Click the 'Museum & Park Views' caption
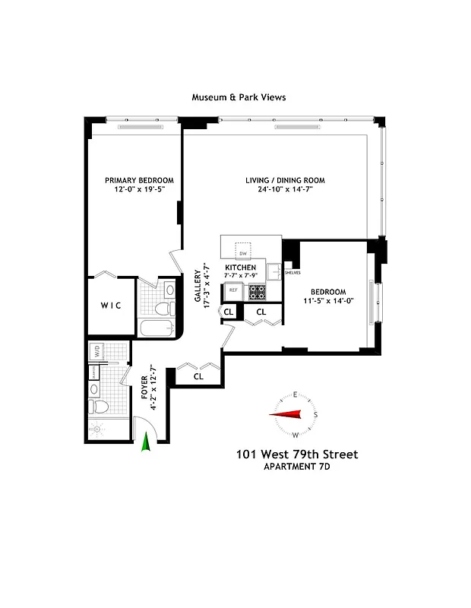[238, 97]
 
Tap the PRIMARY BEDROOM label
[134, 180]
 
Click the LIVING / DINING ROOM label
[285, 180]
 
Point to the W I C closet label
[111, 306]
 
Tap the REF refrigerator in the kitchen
[233, 290]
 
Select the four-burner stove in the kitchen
[258, 291]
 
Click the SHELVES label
[292, 272]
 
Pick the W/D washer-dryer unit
[98, 352]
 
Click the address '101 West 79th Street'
[296, 454]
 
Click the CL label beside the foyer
[198, 375]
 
